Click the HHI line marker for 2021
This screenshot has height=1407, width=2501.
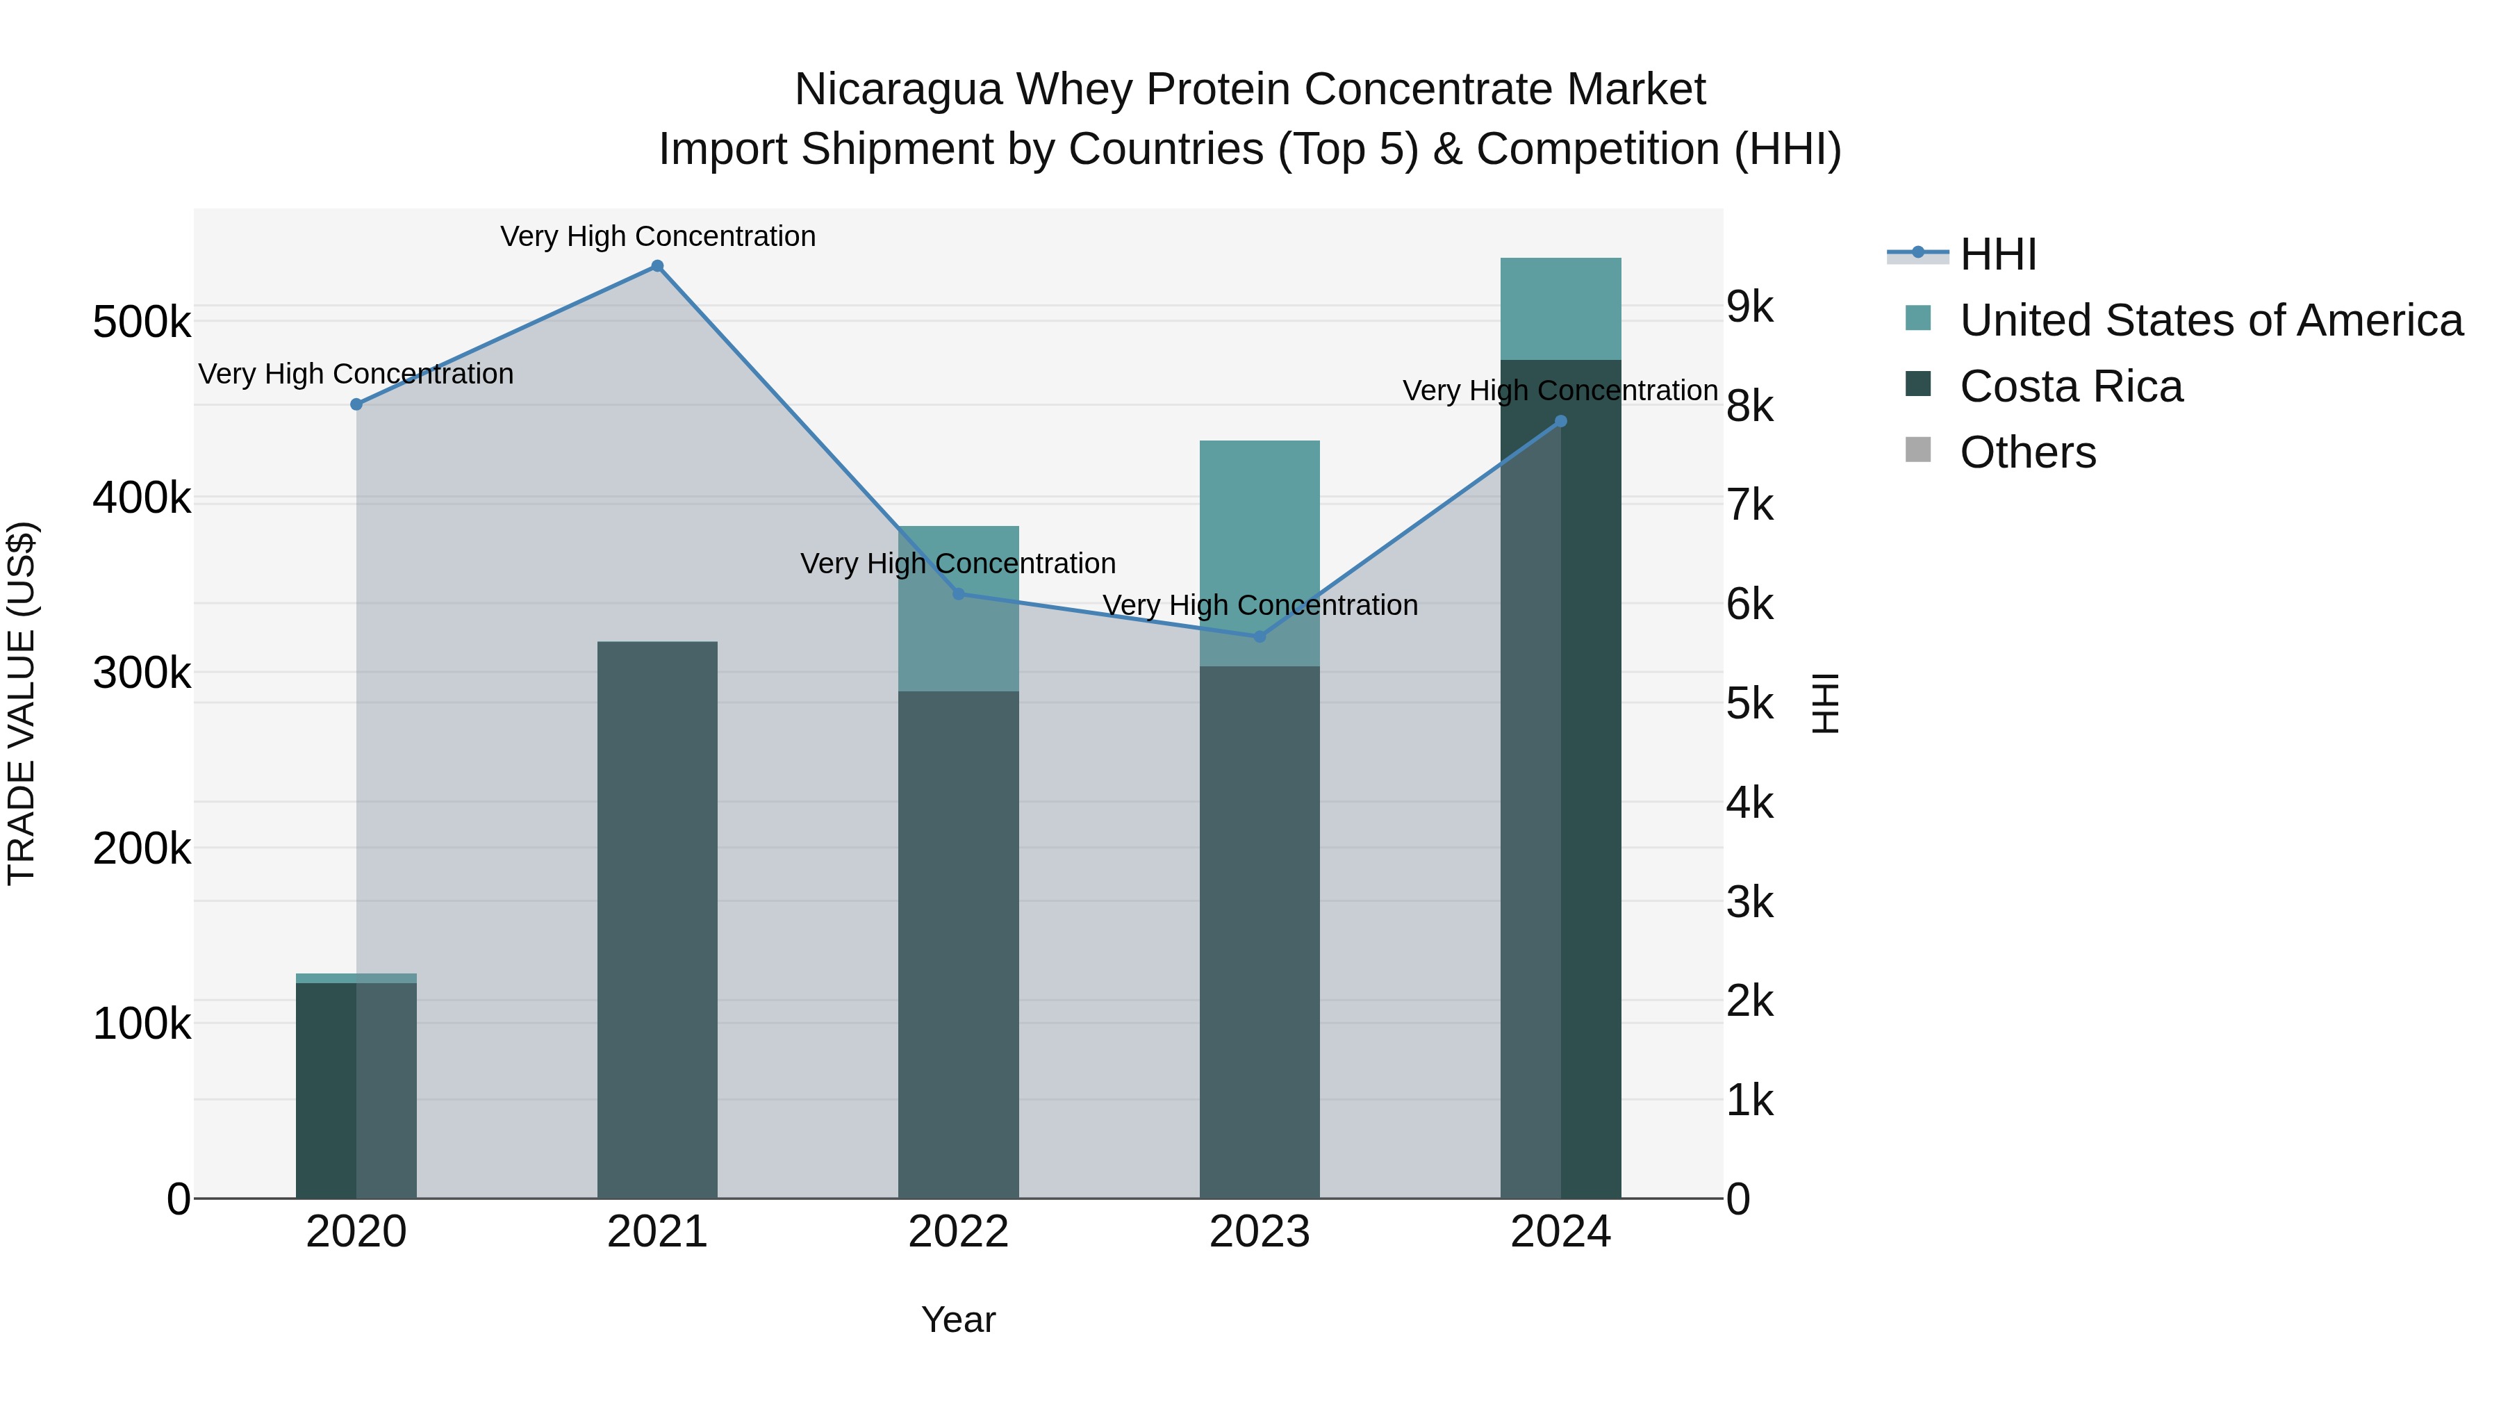pos(657,266)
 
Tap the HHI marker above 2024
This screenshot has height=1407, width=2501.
pos(1560,422)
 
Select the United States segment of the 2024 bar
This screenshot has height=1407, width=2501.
pos(1560,308)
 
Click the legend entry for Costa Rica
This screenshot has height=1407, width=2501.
pos(2070,386)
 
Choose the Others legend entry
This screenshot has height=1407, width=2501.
pos(2027,452)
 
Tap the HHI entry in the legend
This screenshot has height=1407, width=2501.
pos(1997,254)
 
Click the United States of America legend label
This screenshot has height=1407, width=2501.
pos(2211,320)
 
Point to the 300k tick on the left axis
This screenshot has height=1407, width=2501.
pos(142,673)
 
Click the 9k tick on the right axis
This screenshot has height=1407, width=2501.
pos(1749,307)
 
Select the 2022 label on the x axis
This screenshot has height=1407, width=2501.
pos(958,1232)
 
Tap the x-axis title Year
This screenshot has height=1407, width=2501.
pos(958,1319)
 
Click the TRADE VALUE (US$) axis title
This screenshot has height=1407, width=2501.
pos(22,703)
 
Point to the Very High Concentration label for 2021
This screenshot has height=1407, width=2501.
pos(657,236)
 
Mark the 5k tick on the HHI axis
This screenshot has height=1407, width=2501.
pos(1749,704)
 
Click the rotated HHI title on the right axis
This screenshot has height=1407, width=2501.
pos(1825,703)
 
